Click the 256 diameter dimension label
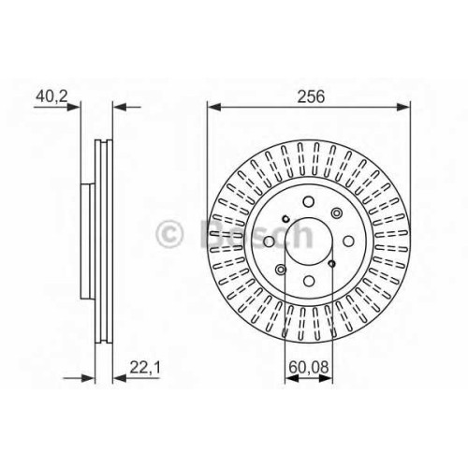tap(311, 96)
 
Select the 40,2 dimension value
tap(51, 96)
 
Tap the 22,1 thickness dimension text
tap(145, 368)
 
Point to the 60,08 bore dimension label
tap(309, 368)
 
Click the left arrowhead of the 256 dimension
tap(214, 108)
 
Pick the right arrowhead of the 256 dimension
tap(402, 108)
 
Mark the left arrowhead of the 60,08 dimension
tap(292, 378)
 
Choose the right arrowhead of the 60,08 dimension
tap(326, 378)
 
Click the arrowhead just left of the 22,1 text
tap(120, 378)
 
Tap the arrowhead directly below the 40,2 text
tap(74, 108)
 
